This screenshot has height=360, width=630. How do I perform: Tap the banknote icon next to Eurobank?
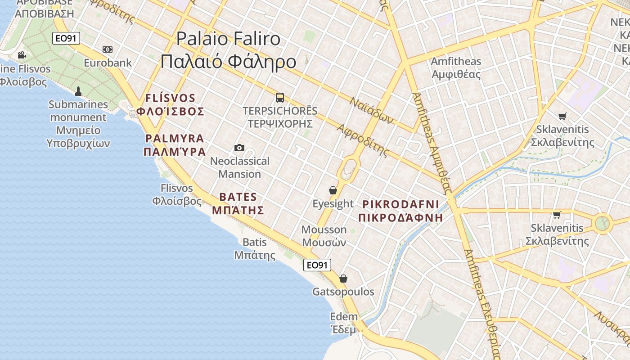pyautogui.click(x=108, y=49)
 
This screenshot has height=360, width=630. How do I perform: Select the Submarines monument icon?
pyautogui.click(x=78, y=91)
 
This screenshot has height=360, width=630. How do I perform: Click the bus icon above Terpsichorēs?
pyautogui.click(x=280, y=97)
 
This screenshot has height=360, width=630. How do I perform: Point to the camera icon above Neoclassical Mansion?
pyautogui.click(x=239, y=148)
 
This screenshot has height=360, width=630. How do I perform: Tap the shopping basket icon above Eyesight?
pyautogui.click(x=333, y=190)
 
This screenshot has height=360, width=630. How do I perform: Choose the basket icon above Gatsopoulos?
pyautogui.click(x=343, y=279)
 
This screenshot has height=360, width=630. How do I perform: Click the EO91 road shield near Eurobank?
pyautogui.click(x=66, y=38)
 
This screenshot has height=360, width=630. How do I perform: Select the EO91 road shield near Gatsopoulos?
pyautogui.click(x=317, y=265)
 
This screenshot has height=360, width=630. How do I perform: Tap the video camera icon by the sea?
pyautogui.click(x=22, y=55)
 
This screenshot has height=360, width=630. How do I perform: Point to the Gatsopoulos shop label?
pyautogui.click(x=343, y=292)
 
